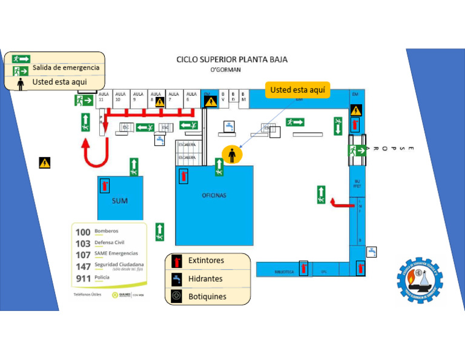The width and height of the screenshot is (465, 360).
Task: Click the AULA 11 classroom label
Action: (x=103, y=96)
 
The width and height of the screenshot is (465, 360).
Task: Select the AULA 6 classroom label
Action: (x=191, y=96)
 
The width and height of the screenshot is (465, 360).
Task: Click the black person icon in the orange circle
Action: (x=232, y=155)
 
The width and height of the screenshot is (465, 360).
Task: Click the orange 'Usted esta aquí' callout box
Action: (x=297, y=90)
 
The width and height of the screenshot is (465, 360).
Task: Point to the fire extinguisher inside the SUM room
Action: (x=105, y=185)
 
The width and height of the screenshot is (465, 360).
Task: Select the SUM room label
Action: (x=120, y=201)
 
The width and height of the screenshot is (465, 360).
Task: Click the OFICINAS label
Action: (x=214, y=195)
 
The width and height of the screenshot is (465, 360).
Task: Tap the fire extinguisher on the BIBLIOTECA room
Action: (x=303, y=268)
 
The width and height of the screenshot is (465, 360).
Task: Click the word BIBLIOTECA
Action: (x=284, y=272)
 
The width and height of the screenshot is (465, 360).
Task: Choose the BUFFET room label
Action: (x=357, y=183)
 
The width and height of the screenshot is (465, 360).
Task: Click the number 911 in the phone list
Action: (x=83, y=278)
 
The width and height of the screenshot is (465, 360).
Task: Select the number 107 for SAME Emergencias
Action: (x=83, y=255)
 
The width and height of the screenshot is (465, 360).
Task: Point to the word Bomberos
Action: (x=107, y=231)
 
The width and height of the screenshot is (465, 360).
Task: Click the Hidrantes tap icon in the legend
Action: (x=176, y=279)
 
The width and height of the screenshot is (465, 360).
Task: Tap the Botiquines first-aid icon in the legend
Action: (x=176, y=296)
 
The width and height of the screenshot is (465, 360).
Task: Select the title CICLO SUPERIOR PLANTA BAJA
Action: (x=232, y=59)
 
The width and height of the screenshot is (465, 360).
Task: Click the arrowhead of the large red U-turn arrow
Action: (x=86, y=145)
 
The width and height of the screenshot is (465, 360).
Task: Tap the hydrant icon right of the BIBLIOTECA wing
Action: (x=372, y=252)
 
